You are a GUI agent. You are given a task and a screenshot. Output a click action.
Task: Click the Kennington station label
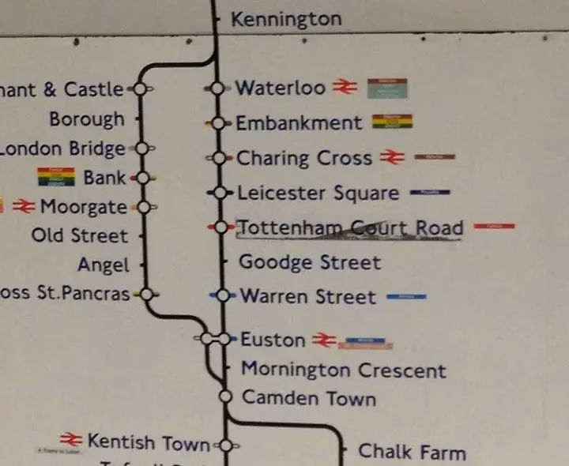[286, 19]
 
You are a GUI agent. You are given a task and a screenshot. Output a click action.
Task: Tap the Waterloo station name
[280, 88]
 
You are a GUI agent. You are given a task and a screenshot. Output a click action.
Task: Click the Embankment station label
[299, 123]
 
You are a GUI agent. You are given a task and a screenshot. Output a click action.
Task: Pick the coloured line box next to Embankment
[392, 122]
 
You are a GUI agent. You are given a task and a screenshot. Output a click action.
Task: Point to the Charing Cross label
[304, 158]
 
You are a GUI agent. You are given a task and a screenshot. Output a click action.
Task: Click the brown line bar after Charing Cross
[434, 157]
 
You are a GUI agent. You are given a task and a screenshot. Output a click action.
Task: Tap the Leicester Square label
[318, 193]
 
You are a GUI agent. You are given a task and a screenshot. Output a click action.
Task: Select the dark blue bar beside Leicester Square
[430, 192]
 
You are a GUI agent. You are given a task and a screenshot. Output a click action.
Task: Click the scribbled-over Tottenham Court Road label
[349, 228]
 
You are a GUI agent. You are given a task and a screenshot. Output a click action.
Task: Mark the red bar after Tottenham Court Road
[495, 227]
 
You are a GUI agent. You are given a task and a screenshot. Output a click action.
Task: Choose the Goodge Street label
[309, 262]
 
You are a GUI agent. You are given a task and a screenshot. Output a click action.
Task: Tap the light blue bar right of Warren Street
[406, 297]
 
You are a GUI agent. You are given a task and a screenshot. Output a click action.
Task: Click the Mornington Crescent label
[343, 370]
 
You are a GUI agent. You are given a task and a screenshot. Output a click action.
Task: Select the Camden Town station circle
[225, 396]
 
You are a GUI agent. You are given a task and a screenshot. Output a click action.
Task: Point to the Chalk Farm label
[411, 452]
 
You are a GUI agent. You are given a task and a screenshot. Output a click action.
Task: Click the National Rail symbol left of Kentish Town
[71, 439]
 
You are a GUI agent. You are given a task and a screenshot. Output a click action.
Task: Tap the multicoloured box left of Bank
[56, 176]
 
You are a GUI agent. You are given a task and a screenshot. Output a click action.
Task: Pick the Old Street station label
[79, 235]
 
